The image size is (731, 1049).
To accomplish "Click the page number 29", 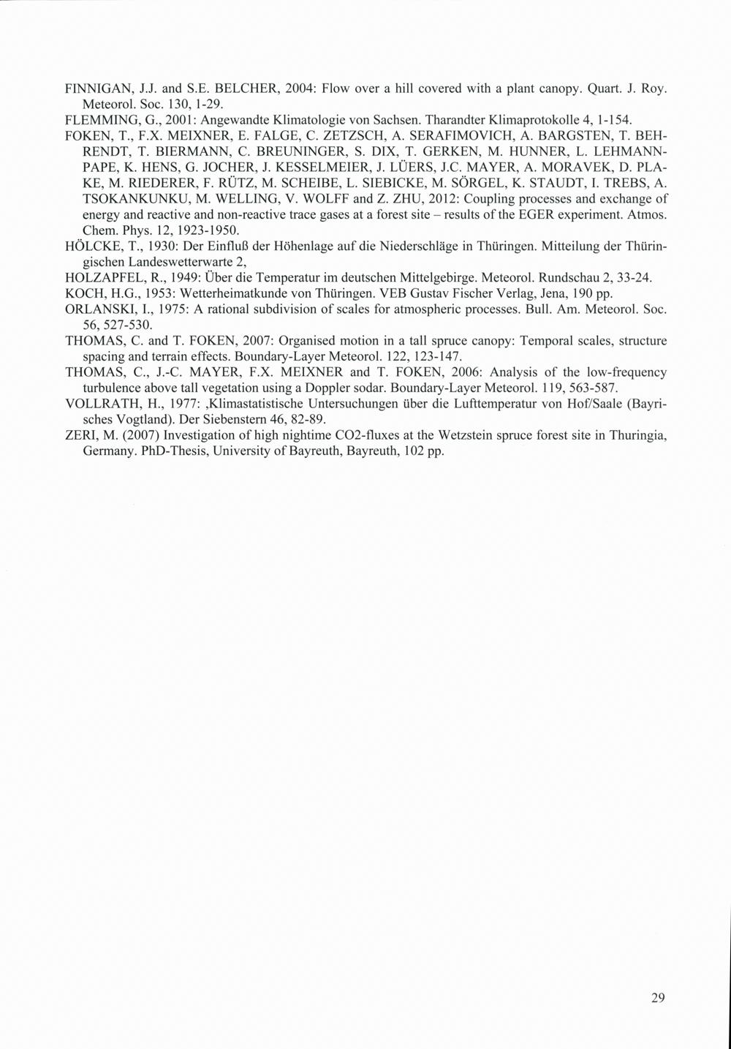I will pos(658,998).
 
